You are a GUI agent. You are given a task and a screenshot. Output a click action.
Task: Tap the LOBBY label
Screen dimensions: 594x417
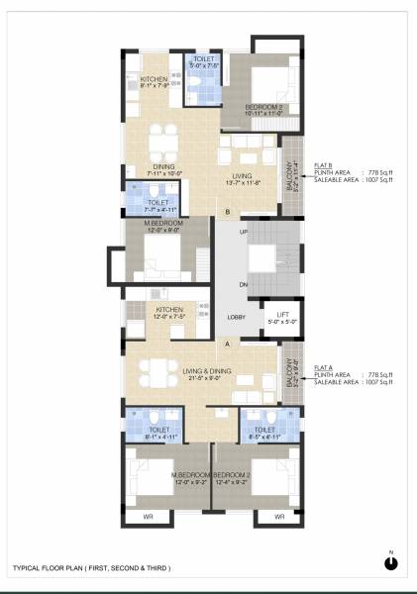point(236,317)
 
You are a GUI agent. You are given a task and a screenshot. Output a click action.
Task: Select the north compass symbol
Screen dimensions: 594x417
point(391,561)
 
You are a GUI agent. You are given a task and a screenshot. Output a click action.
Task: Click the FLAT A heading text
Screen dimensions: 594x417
point(322,367)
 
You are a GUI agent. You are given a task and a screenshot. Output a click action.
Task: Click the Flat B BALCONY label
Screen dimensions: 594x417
point(290,174)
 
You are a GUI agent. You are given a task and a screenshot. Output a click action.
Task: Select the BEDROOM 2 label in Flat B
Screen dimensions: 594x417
point(264,109)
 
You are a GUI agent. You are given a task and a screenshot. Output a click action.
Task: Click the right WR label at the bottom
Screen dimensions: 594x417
point(279,517)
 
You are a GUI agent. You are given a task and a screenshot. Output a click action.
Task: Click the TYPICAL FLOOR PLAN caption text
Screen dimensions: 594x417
point(91,567)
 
